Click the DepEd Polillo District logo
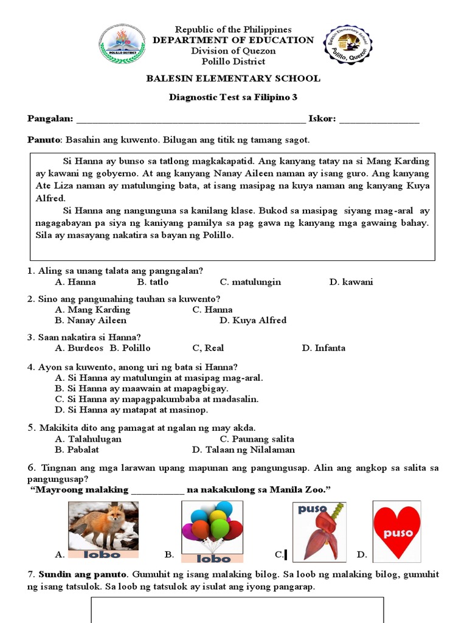122,44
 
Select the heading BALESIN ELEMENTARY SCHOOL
233,78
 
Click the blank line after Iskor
379,120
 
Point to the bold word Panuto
44,140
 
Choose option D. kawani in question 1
351,282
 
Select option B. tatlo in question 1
153,282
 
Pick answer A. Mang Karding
92,309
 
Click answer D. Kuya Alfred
252,320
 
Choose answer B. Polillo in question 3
130,348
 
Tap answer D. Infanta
323,348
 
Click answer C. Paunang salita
257,439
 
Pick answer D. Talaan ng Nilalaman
243,450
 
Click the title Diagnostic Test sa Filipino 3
233,98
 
